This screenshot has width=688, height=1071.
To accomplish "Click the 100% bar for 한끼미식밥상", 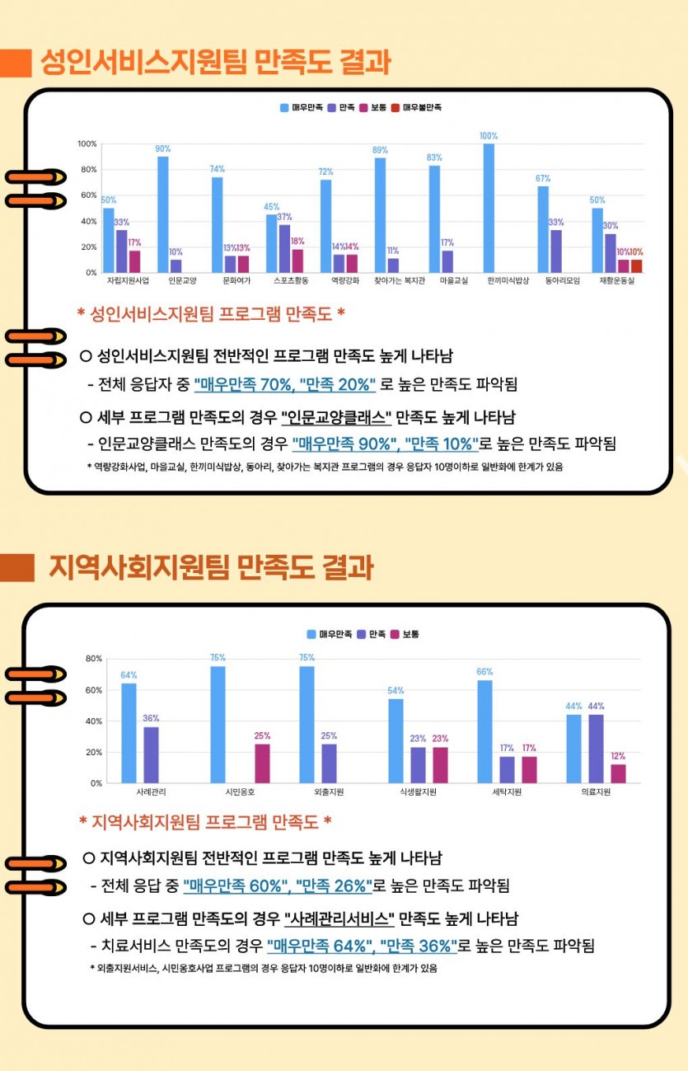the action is [489, 208].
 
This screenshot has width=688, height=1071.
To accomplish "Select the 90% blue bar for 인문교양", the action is [163, 214].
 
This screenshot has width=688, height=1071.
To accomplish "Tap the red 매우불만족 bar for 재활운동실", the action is [636, 266].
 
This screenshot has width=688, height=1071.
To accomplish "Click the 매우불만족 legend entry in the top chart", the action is [416, 107].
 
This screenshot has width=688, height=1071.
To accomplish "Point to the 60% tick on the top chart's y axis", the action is [89, 195].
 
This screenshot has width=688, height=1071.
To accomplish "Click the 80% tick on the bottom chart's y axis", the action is [94, 659].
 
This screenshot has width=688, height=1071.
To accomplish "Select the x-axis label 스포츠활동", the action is [291, 280].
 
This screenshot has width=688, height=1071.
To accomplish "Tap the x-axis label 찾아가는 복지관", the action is [400, 280].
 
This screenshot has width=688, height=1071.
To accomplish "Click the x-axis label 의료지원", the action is [596, 792].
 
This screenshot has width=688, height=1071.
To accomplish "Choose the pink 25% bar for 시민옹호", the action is [262, 763].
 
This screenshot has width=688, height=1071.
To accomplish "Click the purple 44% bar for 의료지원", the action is [596, 749].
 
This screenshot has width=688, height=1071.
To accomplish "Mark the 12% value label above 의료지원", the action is [618, 756].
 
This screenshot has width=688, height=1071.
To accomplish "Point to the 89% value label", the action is [380, 150].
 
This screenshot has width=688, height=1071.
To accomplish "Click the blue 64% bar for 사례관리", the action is [129, 733].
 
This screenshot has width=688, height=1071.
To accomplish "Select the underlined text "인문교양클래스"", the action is [336, 417].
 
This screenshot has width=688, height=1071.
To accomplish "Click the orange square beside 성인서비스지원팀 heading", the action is [16, 63].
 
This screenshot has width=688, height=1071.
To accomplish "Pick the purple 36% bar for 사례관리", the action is [151, 755].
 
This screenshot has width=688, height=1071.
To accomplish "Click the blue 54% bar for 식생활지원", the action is [395, 741].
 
